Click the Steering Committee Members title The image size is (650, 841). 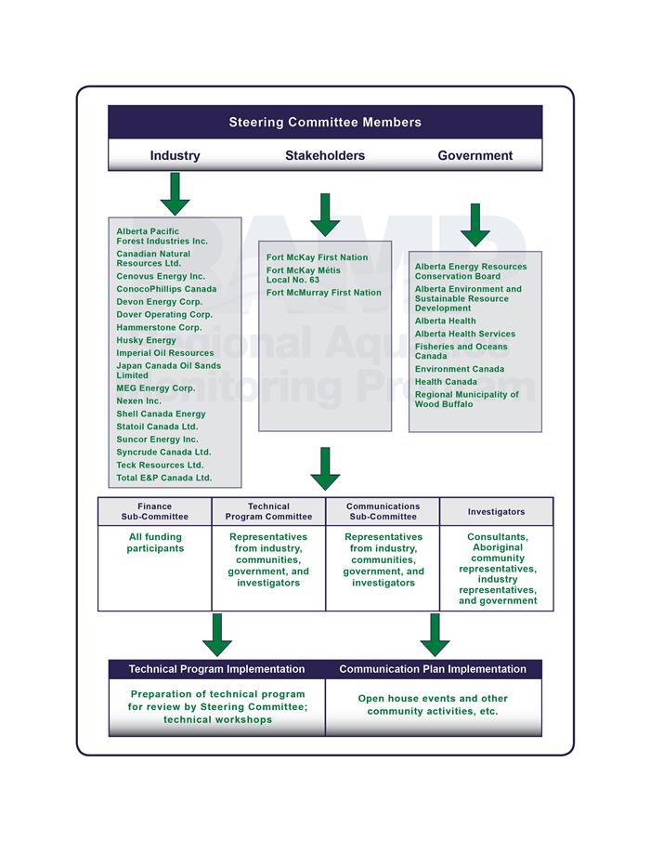coord(325,123)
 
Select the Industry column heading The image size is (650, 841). coord(175,155)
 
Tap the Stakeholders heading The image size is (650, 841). coord(325,155)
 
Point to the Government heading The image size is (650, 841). coord(474,155)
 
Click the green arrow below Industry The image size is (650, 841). coord(175,193)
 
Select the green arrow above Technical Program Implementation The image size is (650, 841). coord(217,635)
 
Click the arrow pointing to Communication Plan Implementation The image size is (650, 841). coord(435,635)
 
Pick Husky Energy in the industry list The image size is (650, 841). coord(147,340)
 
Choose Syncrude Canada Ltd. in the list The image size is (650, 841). coord(163,453)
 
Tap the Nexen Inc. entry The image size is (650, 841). coord(138,401)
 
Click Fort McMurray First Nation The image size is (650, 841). coord(324,293)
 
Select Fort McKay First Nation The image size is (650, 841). coord(318,257)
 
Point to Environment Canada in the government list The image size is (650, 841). coord(460,369)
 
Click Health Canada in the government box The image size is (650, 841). coord(446,382)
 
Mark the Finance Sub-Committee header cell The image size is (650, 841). coord(155,512)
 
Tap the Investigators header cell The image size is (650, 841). coord(496,512)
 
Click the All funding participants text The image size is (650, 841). coord(155,543)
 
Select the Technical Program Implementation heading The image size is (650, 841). coord(216,669)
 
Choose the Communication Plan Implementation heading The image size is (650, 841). coord(433,669)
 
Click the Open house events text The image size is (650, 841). coord(433,704)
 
